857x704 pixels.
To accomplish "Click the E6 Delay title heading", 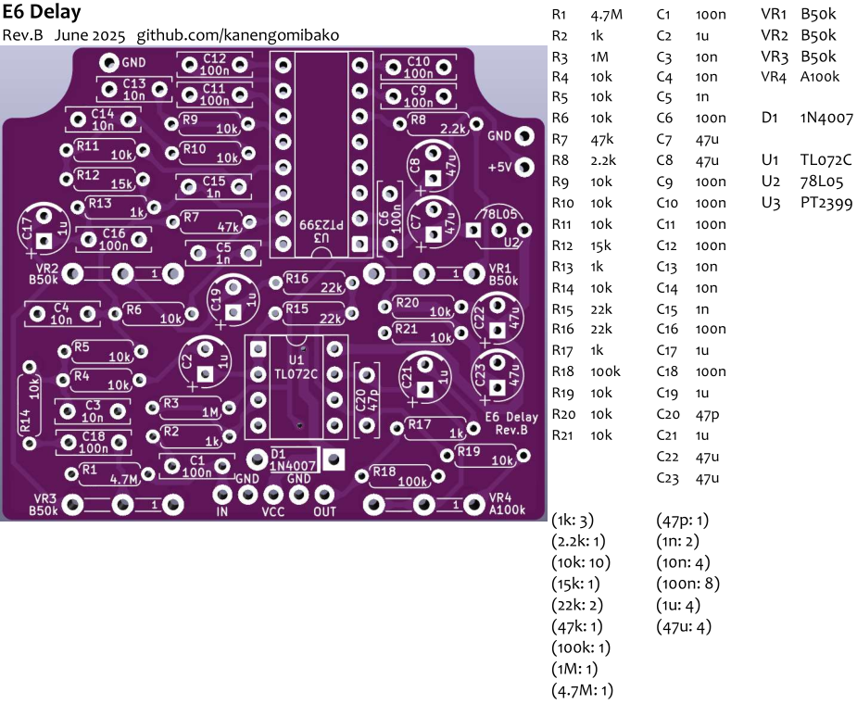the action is [x=42, y=11].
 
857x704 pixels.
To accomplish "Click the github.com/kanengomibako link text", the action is [x=238, y=35].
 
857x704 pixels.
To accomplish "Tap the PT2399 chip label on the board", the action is [x=321, y=225].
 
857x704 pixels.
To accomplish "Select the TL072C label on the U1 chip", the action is [x=296, y=374].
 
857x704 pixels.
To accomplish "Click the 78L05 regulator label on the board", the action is [x=499, y=214].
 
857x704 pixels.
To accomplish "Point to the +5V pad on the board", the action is [x=524, y=167].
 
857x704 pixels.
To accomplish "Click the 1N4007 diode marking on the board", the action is [x=293, y=466].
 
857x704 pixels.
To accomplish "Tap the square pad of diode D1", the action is [x=333, y=459].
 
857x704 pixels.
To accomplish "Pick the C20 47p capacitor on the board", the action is [x=367, y=400].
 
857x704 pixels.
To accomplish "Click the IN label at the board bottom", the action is [x=222, y=511].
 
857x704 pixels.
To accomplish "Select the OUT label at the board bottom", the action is [x=324, y=511].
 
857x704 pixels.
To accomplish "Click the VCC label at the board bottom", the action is [x=273, y=511].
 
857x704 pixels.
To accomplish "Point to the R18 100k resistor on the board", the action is [x=400, y=477].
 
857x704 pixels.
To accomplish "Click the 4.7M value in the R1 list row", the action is [x=606, y=15].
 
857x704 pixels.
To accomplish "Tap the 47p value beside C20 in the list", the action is [x=707, y=415].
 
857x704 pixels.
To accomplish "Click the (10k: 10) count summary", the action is [x=581, y=562].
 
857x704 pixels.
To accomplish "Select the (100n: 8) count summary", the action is [x=687, y=584].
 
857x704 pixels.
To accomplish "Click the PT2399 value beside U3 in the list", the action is [x=826, y=203].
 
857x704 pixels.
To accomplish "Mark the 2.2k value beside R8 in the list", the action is [x=603, y=160].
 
